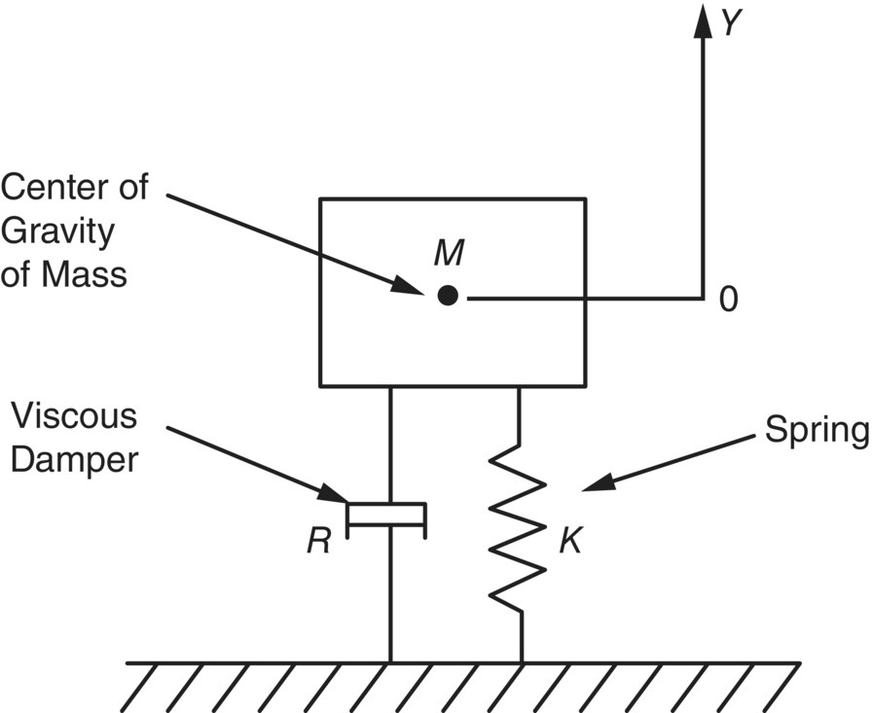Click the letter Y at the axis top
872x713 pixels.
732,23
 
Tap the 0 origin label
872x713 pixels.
728,300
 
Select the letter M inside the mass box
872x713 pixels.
448,253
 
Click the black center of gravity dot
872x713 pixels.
448,296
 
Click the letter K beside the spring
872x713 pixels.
571,542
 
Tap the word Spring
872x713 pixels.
816,431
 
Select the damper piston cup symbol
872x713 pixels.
386,516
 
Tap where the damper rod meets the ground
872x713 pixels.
390,661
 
